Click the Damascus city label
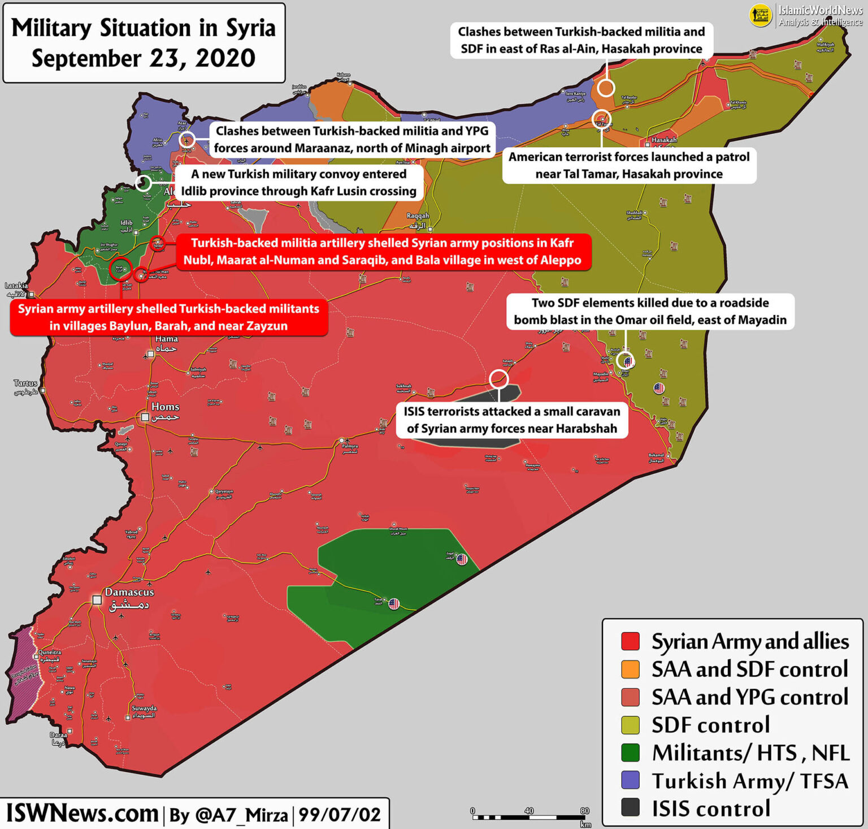point(129,593)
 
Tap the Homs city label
point(165,407)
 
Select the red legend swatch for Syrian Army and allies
point(630,641)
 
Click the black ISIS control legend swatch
point(630,808)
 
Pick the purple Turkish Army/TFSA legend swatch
point(630,780)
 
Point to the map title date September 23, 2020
point(144,59)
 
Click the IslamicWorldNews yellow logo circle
point(760,15)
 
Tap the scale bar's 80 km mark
point(584,811)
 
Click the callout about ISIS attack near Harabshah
point(512,420)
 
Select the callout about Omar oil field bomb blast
point(650,311)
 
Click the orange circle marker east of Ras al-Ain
point(606,88)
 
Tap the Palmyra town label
point(350,446)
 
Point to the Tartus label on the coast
point(25,383)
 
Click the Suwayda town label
point(144,709)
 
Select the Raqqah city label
point(418,216)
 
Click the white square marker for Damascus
point(97,599)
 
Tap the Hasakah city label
point(664,140)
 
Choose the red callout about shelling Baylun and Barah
point(168,317)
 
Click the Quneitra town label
point(50,653)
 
